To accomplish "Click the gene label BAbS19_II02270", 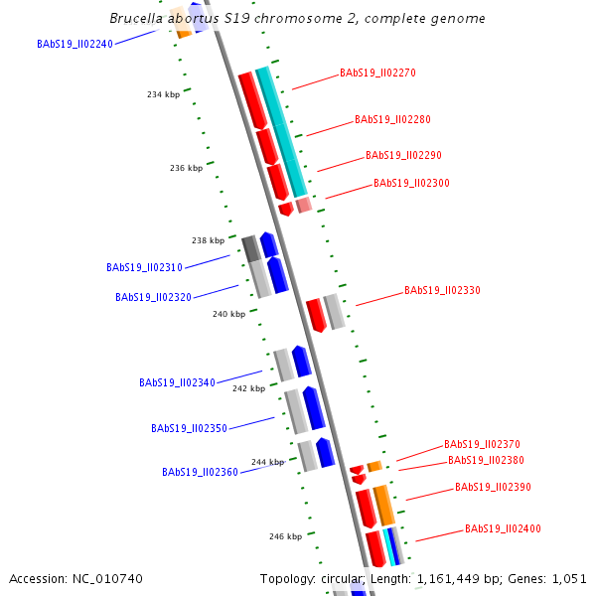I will point(377,73).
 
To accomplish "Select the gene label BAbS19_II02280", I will point(392,119).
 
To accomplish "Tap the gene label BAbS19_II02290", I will point(403,155).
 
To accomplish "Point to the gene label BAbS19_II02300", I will point(411,183).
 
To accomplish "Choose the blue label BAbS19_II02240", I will point(74,44).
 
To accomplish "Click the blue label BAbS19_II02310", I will point(144,267).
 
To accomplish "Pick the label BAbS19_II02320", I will point(153,297).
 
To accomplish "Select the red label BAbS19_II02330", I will point(442,290).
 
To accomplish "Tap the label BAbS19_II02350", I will point(189,428).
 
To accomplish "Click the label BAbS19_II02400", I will point(503,528).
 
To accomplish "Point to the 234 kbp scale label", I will point(163,94).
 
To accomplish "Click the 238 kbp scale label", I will point(208,240).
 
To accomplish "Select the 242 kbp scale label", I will point(248,388).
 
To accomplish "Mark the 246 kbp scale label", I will point(285,536).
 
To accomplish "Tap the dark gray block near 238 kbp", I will point(250,248).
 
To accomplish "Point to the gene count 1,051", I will point(568,578).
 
